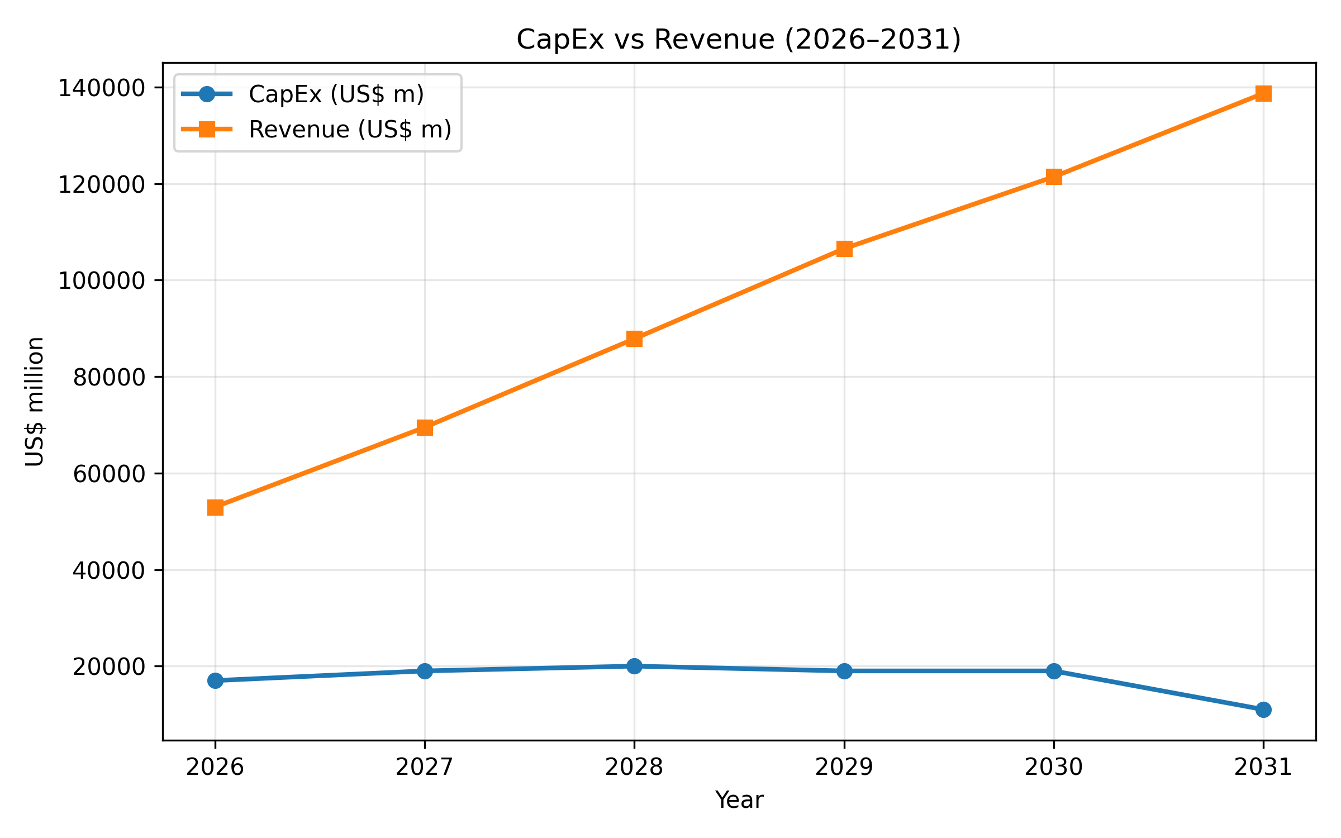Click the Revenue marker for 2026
click(x=215, y=507)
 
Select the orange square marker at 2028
click(x=634, y=339)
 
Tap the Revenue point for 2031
click(x=1263, y=93)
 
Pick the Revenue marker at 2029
click(x=844, y=249)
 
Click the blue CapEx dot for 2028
click(x=634, y=666)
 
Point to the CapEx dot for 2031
click(x=1263, y=710)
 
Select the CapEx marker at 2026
click(x=215, y=680)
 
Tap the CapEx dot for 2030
click(x=1054, y=671)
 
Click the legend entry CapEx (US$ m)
click(x=336, y=94)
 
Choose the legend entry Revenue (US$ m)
click(x=350, y=130)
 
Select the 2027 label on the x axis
click(x=425, y=768)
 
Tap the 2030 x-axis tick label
click(x=1054, y=768)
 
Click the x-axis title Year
click(x=739, y=800)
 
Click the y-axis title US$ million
click(x=35, y=401)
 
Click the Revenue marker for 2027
click(x=425, y=427)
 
